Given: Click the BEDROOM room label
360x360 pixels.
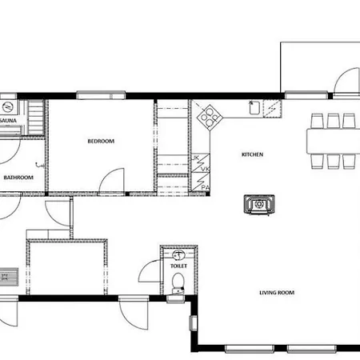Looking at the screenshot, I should point(101,141).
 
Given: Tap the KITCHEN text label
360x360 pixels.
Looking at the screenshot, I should point(252,154).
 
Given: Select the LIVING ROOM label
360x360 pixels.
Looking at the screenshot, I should point(276,293).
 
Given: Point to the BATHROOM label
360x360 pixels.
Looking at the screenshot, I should point(18,178).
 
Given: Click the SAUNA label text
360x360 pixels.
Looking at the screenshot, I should point(8,121).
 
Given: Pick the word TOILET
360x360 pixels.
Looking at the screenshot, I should point(178,266).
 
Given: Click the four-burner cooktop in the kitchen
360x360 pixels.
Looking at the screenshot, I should point(209,117).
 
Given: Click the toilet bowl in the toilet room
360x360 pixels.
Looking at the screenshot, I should point(178,281).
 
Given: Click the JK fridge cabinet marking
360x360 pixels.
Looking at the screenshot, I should point(196,158).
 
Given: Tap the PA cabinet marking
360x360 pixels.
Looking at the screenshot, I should point(205,186).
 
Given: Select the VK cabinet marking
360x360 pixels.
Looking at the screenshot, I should point(204,170).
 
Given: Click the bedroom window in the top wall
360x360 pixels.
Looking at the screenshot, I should point(100,95).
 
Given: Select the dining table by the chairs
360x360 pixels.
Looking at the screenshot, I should point(332,141).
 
